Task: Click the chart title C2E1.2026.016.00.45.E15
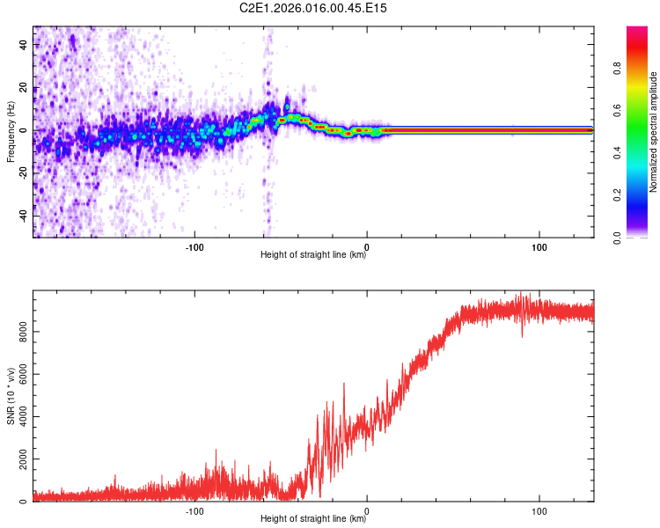coord(314,8)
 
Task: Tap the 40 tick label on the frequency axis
coord(24,44)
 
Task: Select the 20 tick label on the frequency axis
coord(24,87)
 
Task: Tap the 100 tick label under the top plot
coord(539,246)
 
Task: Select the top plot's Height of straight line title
coord(313,255)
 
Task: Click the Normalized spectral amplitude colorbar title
coord(654,132)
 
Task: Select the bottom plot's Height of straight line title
coord(313,519)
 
